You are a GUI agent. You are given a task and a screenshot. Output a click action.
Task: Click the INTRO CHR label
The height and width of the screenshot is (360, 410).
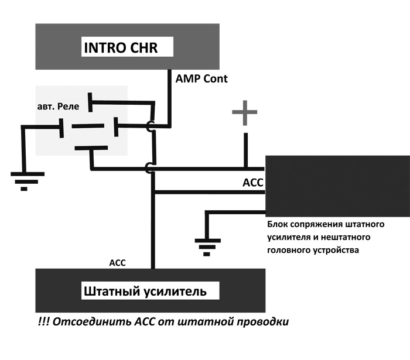[122, 47]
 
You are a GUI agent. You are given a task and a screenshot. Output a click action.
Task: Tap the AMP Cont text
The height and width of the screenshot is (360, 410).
[201, 78]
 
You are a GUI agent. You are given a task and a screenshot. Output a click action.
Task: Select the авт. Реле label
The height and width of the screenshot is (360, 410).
[59, 107]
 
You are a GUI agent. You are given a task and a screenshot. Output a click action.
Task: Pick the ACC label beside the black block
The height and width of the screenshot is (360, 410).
[252, 183]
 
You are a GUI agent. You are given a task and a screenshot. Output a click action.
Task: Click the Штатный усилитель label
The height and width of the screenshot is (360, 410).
[144, 290]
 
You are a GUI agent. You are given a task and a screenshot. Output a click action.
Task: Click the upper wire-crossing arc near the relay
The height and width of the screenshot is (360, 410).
[150, 126]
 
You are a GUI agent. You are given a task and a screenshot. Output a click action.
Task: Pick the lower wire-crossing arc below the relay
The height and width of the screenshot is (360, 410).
[150, 169]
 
